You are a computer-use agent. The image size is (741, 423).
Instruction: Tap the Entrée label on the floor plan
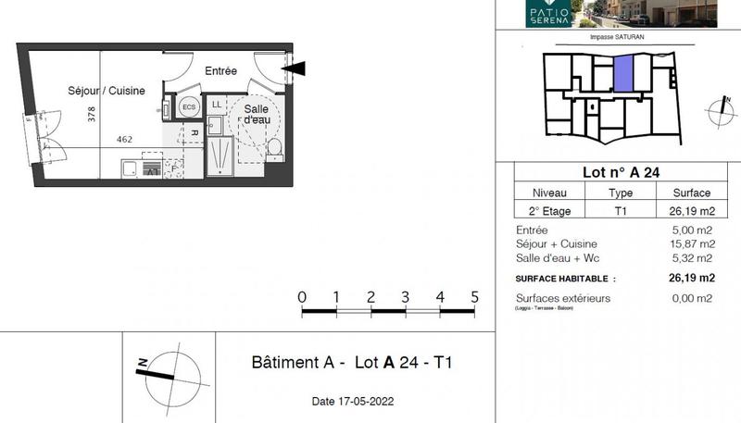(220, 71)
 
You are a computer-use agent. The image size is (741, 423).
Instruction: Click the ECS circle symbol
(189, 107)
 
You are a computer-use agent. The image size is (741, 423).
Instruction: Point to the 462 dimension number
(125, 140)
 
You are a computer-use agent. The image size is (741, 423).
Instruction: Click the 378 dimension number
(91, 115)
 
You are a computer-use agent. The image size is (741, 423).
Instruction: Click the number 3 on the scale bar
(405, 297)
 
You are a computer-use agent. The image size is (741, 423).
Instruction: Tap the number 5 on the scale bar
(474, 297)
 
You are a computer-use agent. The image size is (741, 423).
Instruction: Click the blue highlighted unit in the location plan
(625, 73)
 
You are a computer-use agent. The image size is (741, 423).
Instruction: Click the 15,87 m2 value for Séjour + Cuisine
(692, 243)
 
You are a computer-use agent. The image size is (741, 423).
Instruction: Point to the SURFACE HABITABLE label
(565, 278)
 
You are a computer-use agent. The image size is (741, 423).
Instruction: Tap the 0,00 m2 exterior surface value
(692, 298)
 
